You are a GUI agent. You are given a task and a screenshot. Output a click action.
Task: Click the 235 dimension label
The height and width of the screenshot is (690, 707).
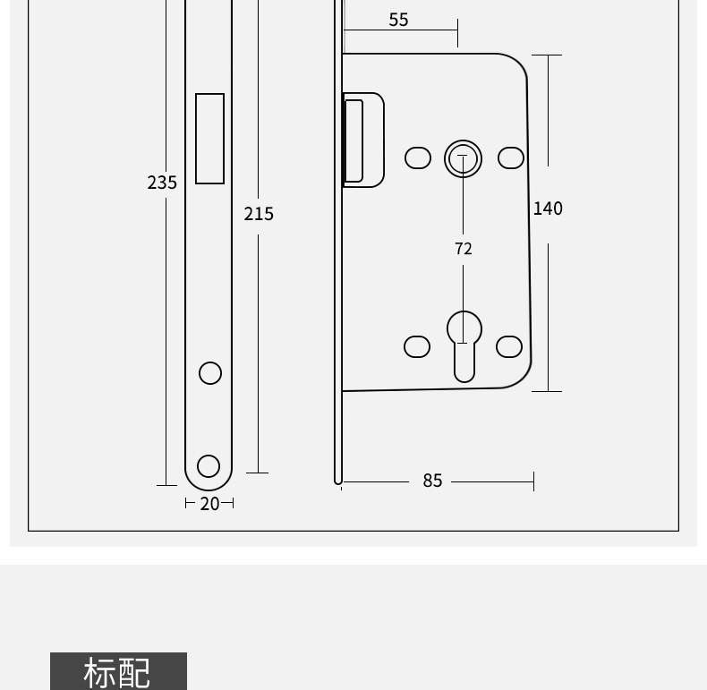[162, 183]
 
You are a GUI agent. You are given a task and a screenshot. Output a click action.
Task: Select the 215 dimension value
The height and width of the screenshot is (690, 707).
[259, 214]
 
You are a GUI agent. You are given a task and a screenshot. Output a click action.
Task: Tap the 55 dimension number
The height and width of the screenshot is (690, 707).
[398, 20]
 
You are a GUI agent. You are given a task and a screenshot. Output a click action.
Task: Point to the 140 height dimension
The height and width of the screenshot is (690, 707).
[548, 209]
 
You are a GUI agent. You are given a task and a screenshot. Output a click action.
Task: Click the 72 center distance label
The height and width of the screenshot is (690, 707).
[463, 249]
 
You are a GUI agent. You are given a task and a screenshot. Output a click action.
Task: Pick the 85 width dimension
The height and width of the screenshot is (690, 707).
[432, 481]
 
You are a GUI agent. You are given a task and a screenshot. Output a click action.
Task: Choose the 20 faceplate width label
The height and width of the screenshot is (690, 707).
[209, 504]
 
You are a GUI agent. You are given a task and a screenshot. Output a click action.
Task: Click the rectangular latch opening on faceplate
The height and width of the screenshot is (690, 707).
[210, 139]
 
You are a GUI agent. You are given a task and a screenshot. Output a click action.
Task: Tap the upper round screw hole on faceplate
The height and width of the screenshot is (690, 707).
[210, 372]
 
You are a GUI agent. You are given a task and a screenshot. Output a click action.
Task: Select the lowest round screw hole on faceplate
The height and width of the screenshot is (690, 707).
[209, 465]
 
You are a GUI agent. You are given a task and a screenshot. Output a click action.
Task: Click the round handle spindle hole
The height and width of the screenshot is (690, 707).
[463, 158]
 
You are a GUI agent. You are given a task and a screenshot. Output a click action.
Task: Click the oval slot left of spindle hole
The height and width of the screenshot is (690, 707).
[418, 158]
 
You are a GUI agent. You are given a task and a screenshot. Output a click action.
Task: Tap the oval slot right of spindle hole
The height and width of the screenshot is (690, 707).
[511, 158]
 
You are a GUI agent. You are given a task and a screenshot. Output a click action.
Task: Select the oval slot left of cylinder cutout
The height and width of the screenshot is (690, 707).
[417, 346]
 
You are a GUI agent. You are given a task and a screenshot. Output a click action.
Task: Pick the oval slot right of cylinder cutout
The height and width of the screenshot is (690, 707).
[509, 346]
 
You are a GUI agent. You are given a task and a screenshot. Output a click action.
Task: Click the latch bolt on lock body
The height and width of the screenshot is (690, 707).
[362, 140]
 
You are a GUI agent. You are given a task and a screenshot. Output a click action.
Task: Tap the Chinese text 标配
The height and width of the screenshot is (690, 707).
[118, 672]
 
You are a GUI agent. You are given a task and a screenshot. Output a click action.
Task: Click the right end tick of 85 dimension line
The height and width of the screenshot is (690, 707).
[533, 481]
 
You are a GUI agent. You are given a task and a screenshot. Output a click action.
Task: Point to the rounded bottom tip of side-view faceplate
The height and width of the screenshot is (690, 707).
[338, 481]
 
